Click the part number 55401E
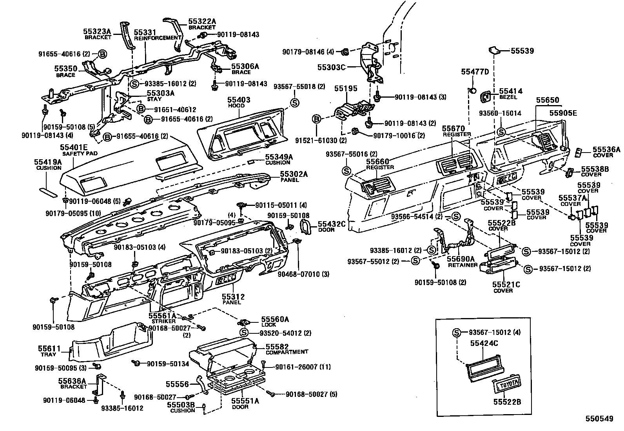(x=74, y=148)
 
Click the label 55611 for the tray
(x=49, y=348)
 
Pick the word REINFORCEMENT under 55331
(x=158, y=38)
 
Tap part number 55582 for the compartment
(x=277, y=347)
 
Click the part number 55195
(x=346, y=89)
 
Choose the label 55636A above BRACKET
(x=72, y=381)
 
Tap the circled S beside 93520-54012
(x=244, y=333)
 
